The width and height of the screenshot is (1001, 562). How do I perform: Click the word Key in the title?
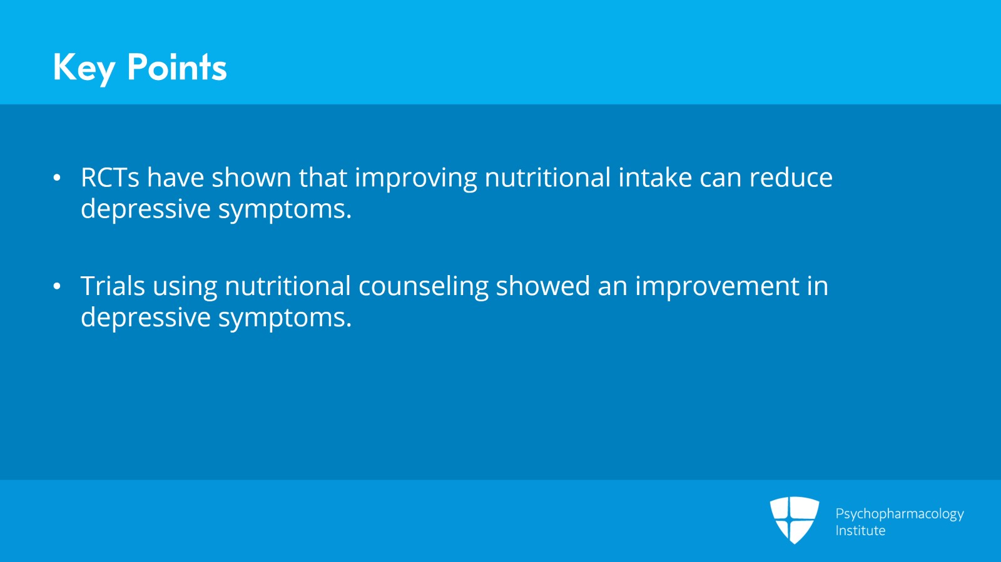[x=84, y=68]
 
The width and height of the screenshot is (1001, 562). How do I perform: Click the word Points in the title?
[x=177, y=67]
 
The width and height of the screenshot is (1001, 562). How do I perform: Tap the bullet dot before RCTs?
[x=57, y=178]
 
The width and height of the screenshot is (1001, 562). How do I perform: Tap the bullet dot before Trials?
[x=57, y=286]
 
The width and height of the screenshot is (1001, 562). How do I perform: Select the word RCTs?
[x=110, y=177]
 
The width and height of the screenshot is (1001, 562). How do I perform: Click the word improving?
[x=416, y=179]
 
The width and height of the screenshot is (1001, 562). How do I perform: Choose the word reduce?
[x=791, y=177]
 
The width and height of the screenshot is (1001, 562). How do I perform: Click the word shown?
[x=252, y=177]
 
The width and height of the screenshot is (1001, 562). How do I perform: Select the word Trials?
[x=113, y=286]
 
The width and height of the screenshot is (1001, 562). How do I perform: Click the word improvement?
[x=717, y=288]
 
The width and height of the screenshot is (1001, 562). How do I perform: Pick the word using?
[x=185, y=288]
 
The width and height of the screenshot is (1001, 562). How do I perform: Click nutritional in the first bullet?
[x=547, y=177]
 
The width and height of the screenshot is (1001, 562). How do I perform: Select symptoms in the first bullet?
[x=285, y=210]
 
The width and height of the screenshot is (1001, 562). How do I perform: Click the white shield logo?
[x=795, y=519]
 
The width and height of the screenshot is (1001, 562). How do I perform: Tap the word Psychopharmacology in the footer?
[x=900, y=514]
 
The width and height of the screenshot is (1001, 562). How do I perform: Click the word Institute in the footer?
[x=860, y=530]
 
